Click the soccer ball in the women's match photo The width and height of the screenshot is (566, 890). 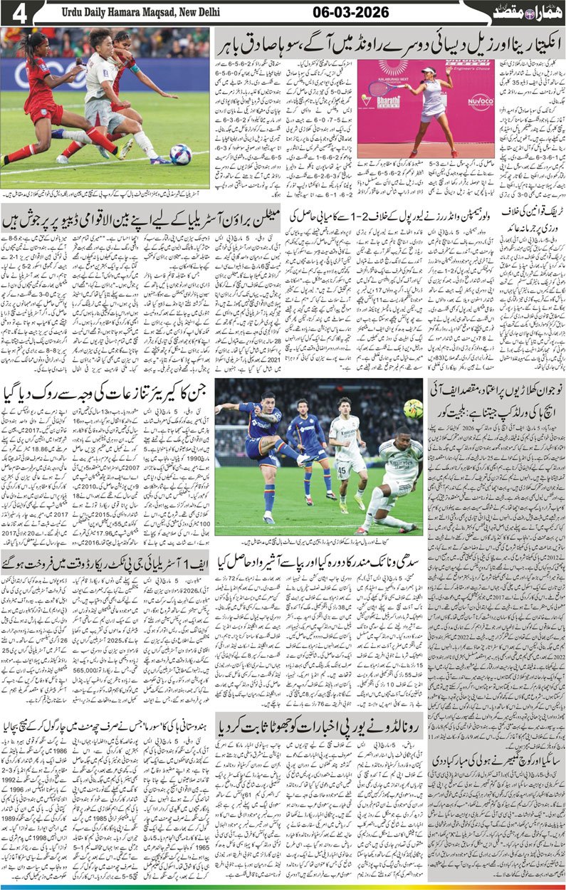click(181, 155)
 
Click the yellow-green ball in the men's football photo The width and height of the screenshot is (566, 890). click(412, 409)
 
